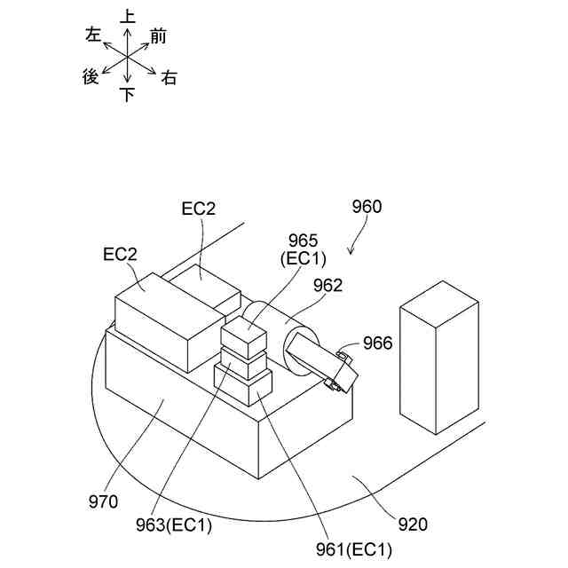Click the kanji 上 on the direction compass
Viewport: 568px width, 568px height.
128,16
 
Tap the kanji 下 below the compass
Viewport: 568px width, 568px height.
128,95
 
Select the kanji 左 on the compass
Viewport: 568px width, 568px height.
92,35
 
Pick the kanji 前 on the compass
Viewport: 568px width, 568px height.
159,36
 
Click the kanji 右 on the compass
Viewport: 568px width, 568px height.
169,78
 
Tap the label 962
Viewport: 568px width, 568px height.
327,285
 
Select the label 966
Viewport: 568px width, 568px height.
377,342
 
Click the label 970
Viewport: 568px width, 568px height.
104,502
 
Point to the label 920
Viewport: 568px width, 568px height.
413,525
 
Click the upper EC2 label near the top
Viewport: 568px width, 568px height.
199,209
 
